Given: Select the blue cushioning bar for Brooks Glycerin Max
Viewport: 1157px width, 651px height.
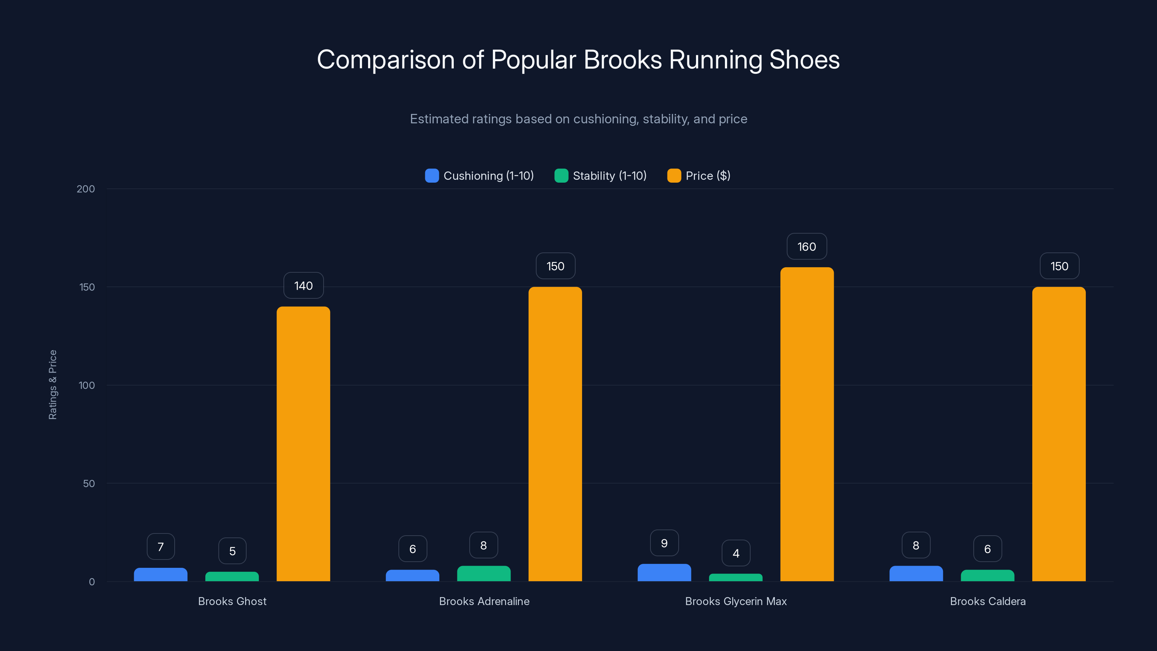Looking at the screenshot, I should coord(664,573).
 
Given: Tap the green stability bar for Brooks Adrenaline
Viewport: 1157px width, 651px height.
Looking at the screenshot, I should coord(484,574).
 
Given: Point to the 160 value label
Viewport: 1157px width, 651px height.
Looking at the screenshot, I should coord(807,247).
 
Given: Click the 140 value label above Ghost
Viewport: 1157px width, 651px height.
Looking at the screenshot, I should coord(303,286).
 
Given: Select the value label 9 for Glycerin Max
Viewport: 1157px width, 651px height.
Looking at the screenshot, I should coord(664,543).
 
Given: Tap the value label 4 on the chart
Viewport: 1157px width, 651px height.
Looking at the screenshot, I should coord(736,553).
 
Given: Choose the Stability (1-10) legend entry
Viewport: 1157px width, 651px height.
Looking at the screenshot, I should coord(601,176).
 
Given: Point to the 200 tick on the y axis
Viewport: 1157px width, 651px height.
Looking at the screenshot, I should coord(86,189).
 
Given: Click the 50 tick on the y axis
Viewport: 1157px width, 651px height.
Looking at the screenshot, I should coord(89,484).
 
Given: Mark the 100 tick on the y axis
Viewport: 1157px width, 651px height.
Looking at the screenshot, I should coord(87,386).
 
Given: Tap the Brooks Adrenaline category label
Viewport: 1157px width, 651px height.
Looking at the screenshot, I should coord(484,601).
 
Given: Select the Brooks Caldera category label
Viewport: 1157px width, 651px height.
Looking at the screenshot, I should coord(988,601).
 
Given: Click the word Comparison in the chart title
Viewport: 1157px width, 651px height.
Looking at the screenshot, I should coord(385,60).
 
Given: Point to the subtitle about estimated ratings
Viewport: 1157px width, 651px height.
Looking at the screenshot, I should coord(578,119).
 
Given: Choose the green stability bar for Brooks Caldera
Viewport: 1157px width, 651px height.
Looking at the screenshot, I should coord(987,575).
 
